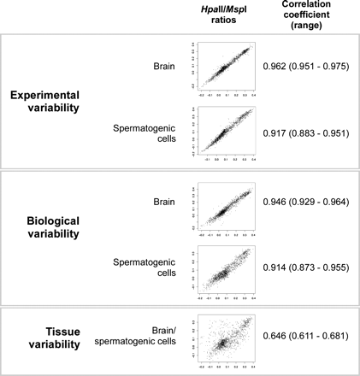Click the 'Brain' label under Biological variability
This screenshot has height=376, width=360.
(161, 202)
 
